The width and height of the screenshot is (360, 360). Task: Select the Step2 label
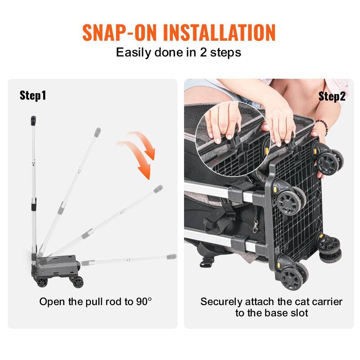point(332,96)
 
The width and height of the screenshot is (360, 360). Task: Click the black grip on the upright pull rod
point(33,121)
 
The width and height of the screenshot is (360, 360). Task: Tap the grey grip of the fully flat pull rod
point(171,257)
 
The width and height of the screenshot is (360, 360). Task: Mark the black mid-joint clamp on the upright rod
point(34,206)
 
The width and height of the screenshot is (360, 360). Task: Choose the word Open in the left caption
point(51,301)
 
